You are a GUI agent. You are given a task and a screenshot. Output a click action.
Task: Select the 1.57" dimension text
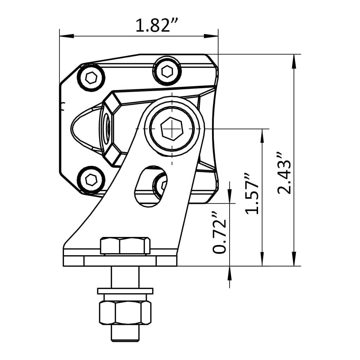(252, 193)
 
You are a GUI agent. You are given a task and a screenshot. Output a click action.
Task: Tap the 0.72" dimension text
(220, 232)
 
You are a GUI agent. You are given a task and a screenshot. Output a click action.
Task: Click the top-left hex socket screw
(92, 77)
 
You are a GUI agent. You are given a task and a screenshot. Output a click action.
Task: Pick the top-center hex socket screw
(167, 71)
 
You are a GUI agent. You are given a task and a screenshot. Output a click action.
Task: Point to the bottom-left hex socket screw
(91, 180)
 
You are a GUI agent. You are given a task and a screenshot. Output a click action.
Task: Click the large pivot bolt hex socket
(172, 129)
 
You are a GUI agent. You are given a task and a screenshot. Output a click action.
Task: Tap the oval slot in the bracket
(150, 186)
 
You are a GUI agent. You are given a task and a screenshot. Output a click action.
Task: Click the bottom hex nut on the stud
(125, 312)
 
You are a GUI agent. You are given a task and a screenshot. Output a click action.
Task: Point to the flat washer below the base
(125, 291)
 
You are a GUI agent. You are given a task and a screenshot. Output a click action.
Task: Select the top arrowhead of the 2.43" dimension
(294, 61)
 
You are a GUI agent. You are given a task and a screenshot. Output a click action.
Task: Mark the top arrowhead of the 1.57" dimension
(262, 135)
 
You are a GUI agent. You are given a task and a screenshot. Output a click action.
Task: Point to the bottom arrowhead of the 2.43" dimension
(294, 259)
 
